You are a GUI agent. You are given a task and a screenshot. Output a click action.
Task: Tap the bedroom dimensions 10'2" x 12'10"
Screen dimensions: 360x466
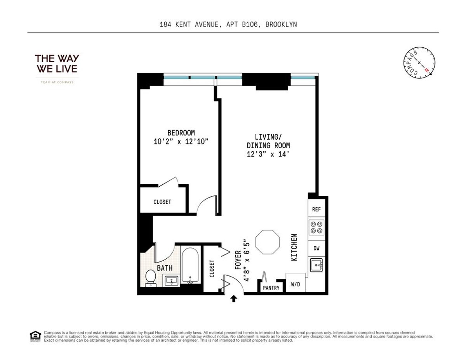click(x=181, y=142)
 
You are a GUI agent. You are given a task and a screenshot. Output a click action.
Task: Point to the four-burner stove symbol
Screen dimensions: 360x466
click(x=316, y=227)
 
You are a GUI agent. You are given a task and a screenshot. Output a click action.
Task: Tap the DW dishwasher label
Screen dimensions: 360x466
click(x=316, y=248)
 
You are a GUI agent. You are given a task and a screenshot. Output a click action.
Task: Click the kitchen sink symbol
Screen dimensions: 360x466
click(x=316, y=266)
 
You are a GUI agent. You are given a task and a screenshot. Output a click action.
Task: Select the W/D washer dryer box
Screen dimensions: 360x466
click(x=295, y=284)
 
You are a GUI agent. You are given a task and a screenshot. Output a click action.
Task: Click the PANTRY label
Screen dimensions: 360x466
click(x=271, y=288)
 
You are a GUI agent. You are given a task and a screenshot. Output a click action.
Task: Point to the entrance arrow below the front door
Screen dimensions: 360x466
click(x=234, y=299)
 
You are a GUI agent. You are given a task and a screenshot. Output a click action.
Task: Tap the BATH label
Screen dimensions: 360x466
click(x=165, y=268)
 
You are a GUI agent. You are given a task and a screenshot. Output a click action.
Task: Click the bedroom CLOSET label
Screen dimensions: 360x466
click(x=162, y=202)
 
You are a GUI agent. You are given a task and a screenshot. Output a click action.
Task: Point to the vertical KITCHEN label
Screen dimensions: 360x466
click(x=294, y=247)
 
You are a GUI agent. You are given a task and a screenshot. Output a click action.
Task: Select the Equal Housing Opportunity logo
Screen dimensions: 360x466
click(x=35, y=336)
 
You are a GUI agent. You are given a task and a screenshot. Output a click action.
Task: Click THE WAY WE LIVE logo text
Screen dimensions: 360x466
click(x=57, y=64)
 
